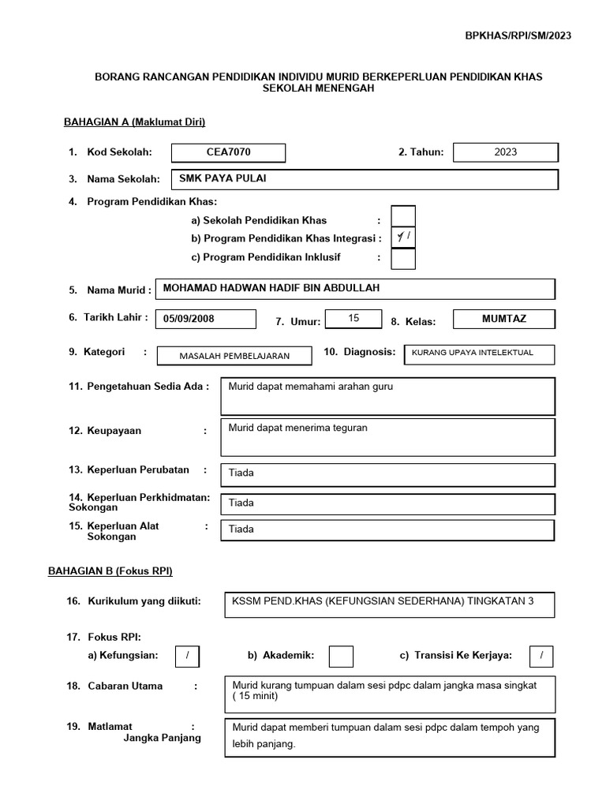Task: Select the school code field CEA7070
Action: (x=228, y=152)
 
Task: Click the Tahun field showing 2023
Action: (x=506, y=152)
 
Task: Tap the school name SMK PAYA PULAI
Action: (x=357, y=179)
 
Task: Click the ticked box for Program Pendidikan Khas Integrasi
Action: (x=403, y=238)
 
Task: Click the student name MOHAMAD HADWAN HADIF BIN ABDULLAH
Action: (x=356, y=289)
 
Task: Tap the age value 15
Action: (x=353, y=319)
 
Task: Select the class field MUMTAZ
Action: (x=504, y=320)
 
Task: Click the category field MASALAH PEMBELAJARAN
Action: (x=234, y=356)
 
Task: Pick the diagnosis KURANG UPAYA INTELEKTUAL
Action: (x=478, y=353)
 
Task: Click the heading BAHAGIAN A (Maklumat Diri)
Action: (x=134, y=122)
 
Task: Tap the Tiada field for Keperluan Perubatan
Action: (x=387, y=474)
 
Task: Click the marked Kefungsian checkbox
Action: (x=188, y=656)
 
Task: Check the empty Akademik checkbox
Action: (x=341, y=656)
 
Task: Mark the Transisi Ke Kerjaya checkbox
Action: (x=541, y=656)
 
